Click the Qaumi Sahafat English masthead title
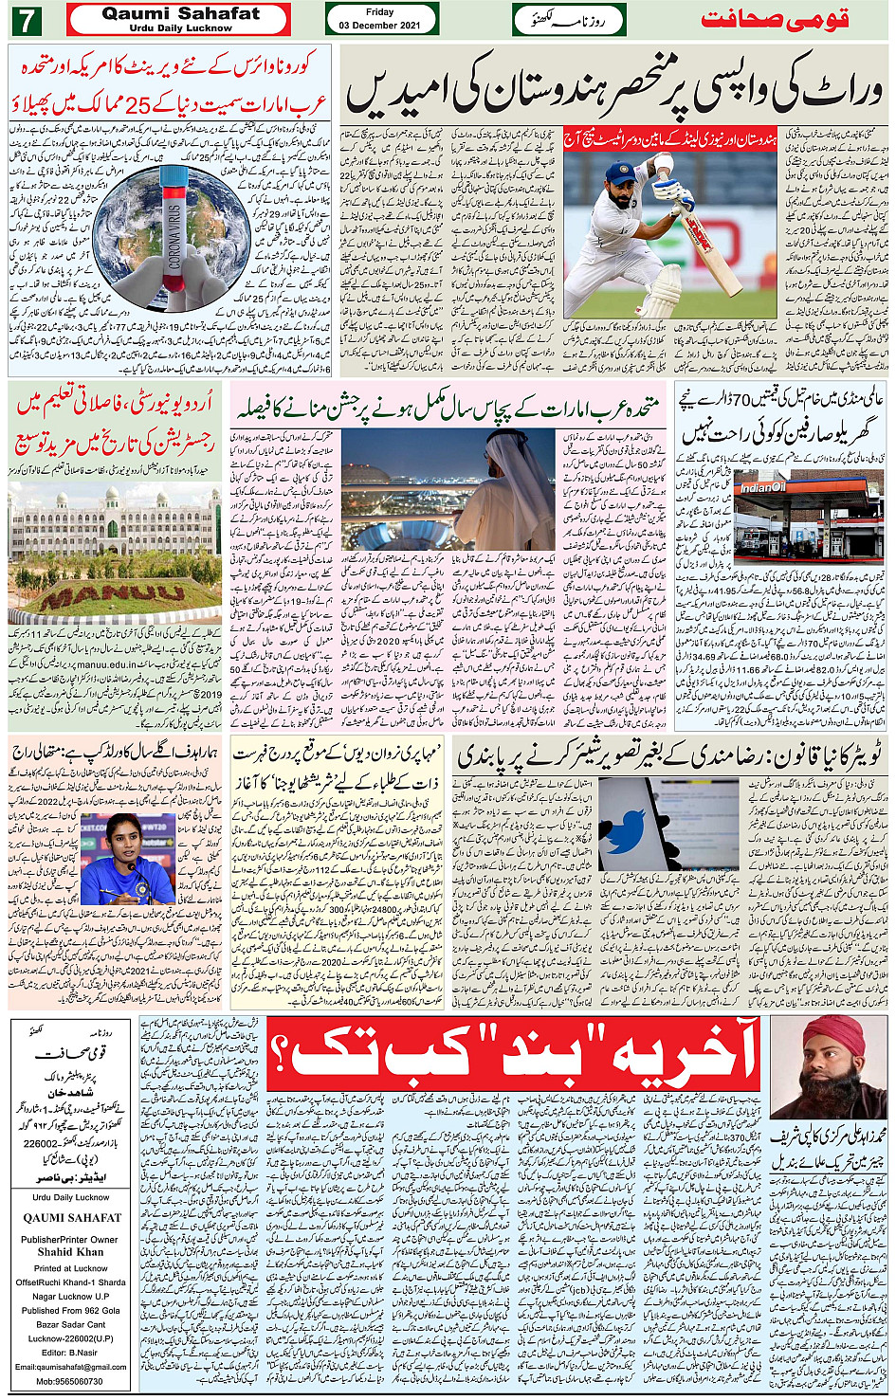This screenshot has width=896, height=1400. coord(179,14)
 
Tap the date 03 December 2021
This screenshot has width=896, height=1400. coord(379,25)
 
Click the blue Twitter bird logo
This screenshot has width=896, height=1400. coord(623,834)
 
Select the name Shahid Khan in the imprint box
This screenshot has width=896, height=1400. coord(70,1251)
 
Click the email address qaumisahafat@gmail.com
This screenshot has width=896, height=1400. coord(70,1367)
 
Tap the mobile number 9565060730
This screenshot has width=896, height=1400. coord(70,1381)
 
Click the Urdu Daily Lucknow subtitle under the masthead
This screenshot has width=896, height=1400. coord(179,28)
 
